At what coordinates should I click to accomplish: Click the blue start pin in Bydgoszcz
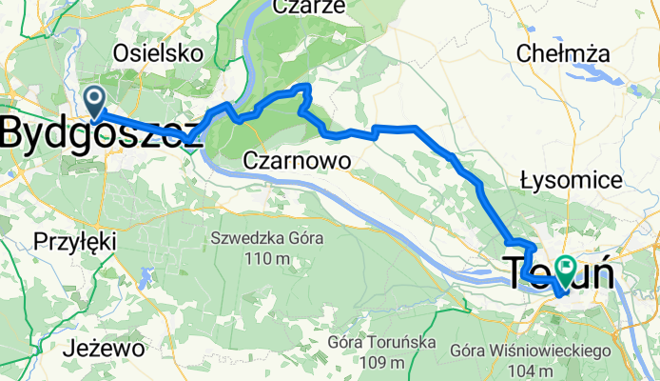point(95,99)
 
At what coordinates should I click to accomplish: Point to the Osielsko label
point(158,53)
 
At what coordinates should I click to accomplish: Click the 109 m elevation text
point(385,363)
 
